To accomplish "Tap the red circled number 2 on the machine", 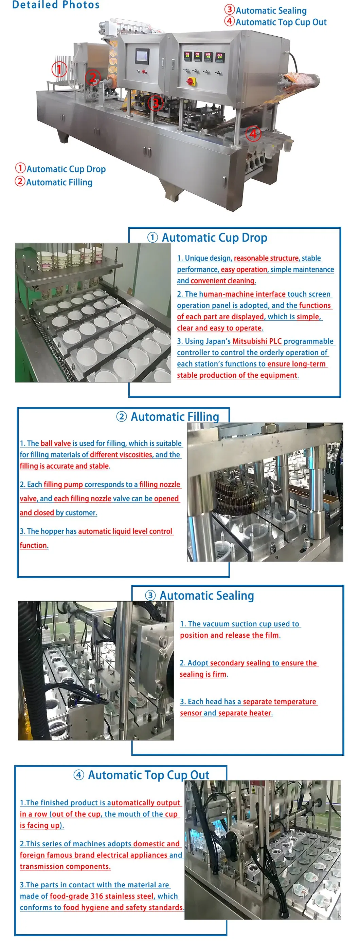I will pyautogui.click(x=93, y=77).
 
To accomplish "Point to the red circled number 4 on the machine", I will pyautogui.click(x=253, y=134).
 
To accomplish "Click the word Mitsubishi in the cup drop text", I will pyautogui.click(x=250, y=341).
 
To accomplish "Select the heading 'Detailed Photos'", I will pyautogui.click(x=56, y=5).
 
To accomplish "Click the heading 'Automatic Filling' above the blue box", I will pyautogui.click(x=175, y=416).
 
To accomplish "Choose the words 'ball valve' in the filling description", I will pyautogui.click(x=56, y=443).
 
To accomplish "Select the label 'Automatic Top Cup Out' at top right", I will pyautogui.click(x=281, y=22).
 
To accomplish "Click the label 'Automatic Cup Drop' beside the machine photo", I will pyautogui.click(x=66, y=169).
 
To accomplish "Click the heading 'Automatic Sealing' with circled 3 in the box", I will pyautogui.click(x=206, y=596).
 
